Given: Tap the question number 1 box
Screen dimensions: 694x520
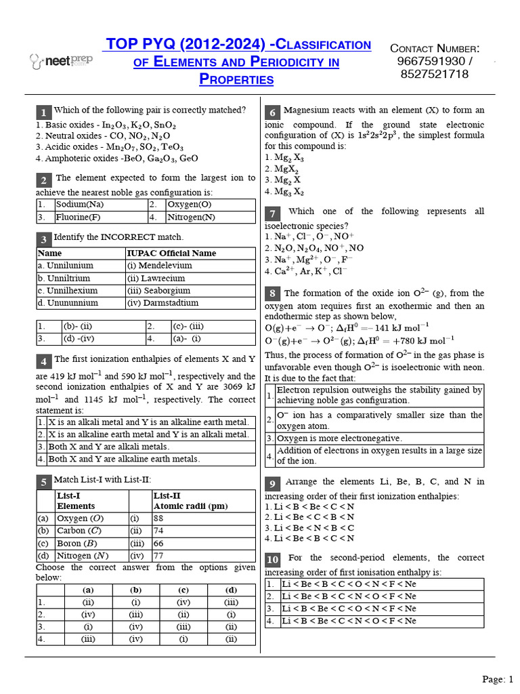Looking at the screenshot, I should point(43,112).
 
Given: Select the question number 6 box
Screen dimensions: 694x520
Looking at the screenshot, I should point(272,112).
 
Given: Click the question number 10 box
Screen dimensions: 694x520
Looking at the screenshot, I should point(272,559).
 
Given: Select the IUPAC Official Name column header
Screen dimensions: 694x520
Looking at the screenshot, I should point(172,253).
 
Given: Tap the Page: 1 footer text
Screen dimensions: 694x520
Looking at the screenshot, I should point(498,678).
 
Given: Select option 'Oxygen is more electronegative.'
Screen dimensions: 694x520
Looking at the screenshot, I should point(339,438).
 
